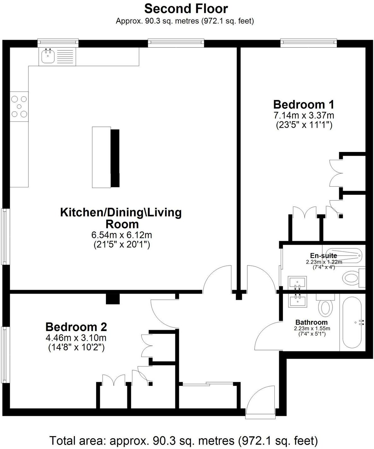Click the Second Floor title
pyautogui.click(x=186, y=9)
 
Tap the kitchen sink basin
pyautogui.click(x=48, y=57)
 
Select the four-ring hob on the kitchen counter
pyautogui.click(x=19, y=107)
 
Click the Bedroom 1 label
pyautogui.click(x=304, y=104)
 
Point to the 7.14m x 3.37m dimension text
pyautogui.click(x=304, y=115)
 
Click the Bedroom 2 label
pyautogui.click(x=76, y=327)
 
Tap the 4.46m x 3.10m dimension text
pyautogui.click(x=76, y=338)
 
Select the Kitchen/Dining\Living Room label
pyautogui.click(x=121, y=218)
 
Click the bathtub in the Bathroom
pyautogui.click(x=352, y=322)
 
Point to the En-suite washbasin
pyautogui.click(x=297, y=282)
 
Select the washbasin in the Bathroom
pyautogui.click(x=297, y=300)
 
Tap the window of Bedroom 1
pyautogui.click(x=308, y=42)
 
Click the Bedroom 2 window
pyautogui.click(x=5, y=355)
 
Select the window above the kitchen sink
pyautogui.click(x=58, y=42)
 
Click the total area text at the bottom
pyautogui.click(x=183, y=440)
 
